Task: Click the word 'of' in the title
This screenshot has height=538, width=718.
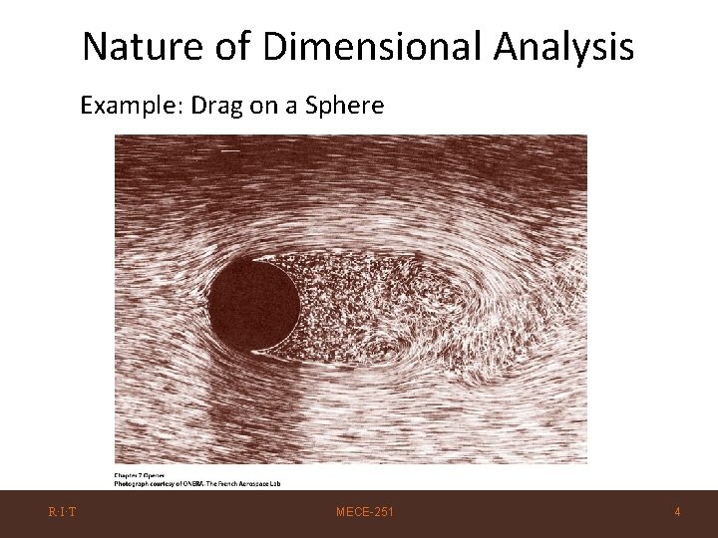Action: coord(224,46)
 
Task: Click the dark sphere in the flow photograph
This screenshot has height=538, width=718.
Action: coord(252,304)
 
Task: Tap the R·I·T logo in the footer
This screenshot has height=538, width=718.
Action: coord(63,512)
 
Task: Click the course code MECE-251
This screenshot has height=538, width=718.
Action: coord(364,512)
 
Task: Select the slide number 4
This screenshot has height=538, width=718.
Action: coord(677,512)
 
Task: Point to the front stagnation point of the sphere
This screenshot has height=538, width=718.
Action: coord(207,304)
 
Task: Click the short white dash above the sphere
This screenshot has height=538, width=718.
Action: coord(229,150)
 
